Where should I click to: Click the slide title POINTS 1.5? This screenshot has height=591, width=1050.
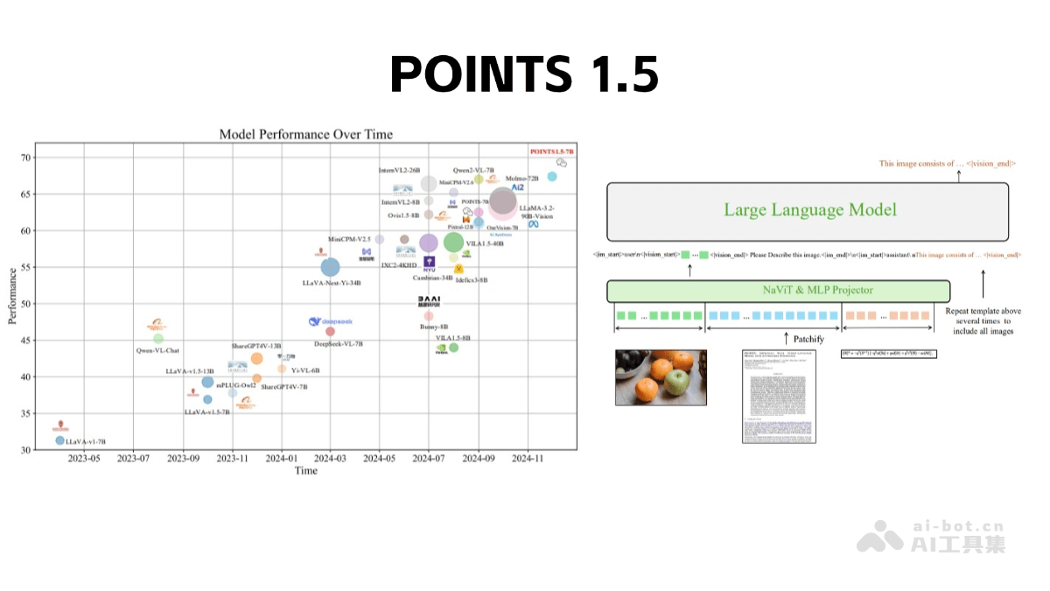[x=523, y=74]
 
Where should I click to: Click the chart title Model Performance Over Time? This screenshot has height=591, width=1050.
[x=305, y=134]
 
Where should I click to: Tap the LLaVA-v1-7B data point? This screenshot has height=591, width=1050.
[x=60, y=440]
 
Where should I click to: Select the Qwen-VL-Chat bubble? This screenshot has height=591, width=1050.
[x=158, y=339]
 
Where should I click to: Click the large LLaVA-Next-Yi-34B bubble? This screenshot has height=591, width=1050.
[x=330, y=267]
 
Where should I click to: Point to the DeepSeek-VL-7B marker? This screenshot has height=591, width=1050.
[x=330, y=331]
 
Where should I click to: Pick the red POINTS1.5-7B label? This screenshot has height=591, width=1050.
[x=551, y=151]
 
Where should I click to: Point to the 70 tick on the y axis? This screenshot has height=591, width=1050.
[x=27, y=158]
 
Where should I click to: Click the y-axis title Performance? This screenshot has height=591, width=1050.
[x=12, y=303]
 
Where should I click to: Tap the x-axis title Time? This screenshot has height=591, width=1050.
[x=305, y=471]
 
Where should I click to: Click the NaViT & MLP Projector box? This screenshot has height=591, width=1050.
[x=778, y=290]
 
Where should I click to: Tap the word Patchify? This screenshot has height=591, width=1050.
[x=809, y=339]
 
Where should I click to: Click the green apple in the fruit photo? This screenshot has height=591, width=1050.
[x=675, y=381]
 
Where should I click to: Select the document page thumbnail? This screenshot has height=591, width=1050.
[x=776, y=396]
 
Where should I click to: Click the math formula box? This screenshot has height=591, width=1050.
[x=888, y=354]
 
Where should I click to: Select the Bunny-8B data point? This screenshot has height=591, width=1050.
[x=429, y=316]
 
